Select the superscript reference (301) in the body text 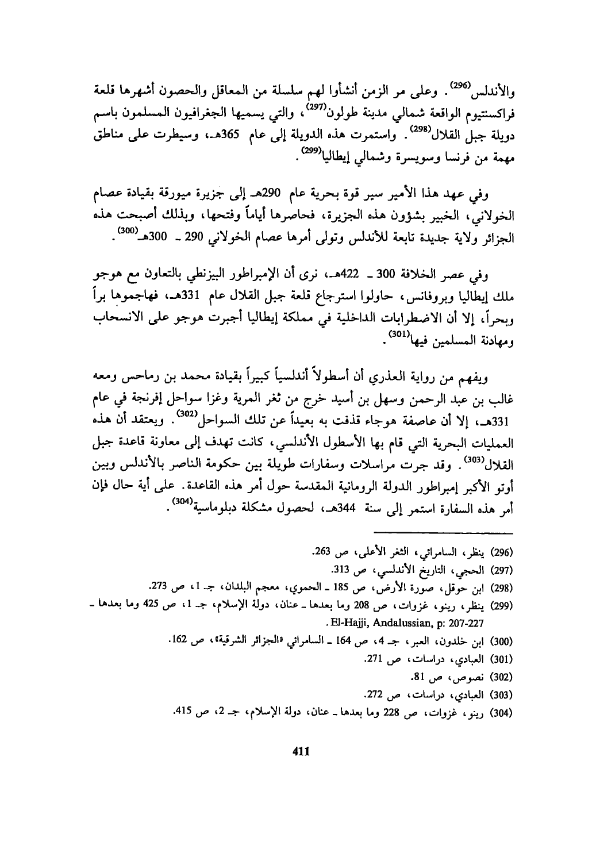click(x=399, y=333)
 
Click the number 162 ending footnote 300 click(x=180, y=638)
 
